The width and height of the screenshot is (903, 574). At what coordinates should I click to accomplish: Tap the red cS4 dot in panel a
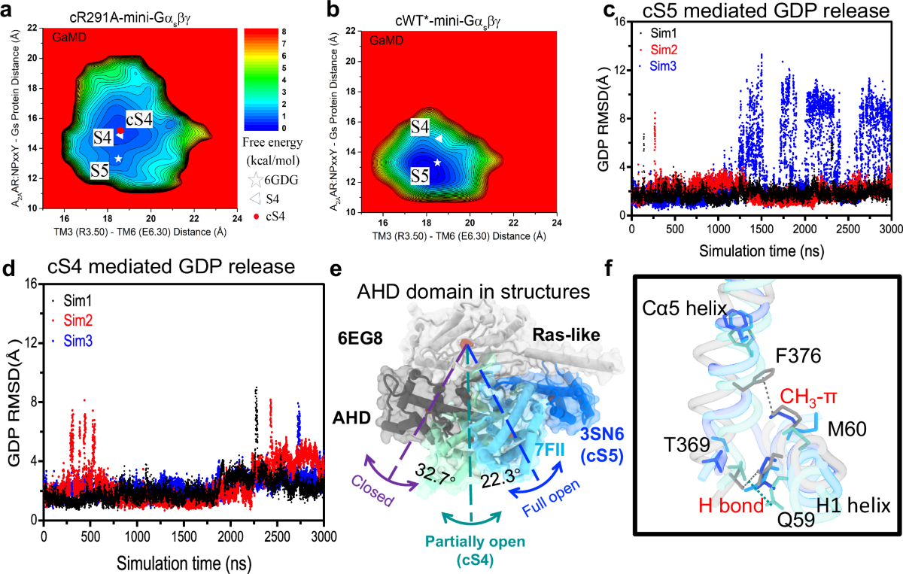click(x=120, y=130)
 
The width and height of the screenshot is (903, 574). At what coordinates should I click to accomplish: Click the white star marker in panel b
click(x=437, y=162)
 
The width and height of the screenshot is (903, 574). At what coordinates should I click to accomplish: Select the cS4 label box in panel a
click(x=141, y=120)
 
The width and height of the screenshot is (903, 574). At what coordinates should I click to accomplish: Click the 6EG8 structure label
click(x=392, y=317)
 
